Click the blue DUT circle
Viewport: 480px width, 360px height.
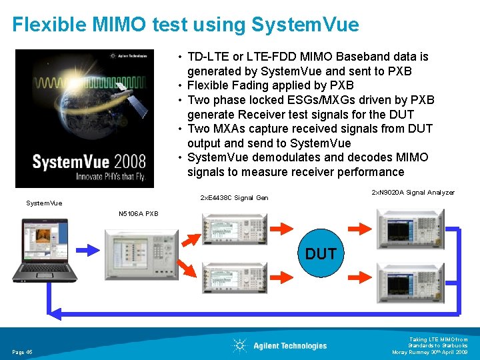pyautogui.click(x=321, y=254)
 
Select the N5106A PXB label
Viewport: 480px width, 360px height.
pyautogui.click(x=138, y=214)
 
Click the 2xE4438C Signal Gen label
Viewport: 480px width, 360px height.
pyautogui.click(x=234, y=197)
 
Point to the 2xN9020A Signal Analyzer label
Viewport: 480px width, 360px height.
pyautogui.click(x=413, y=193)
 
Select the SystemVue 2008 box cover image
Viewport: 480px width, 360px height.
pyautogui.click(x=93, y=119)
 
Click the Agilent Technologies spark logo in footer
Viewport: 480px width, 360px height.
pyautogui.click(x=239, y=345)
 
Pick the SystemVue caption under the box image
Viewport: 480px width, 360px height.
pyautogui.click(x=43, y=203)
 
